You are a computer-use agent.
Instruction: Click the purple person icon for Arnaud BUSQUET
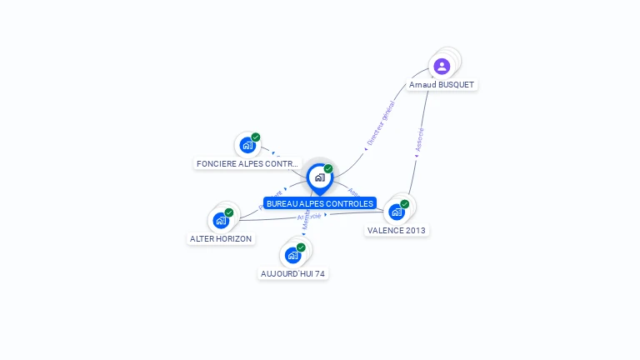[442, 66]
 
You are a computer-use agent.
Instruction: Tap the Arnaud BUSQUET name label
[442, 85]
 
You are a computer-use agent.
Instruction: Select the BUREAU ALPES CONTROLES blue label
[320, 203]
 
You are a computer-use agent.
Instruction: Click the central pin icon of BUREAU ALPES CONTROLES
[319, 177]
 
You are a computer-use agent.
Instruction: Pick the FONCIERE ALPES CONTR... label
[247, 164]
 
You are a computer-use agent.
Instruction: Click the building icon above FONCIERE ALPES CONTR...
[247, 146]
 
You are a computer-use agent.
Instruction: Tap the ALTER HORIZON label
[221, 238]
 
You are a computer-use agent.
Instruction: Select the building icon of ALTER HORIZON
[220, 221]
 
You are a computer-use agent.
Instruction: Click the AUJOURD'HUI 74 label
[292, 273]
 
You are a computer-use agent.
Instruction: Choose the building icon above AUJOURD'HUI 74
[292, 255]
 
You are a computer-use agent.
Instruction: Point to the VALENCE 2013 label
[397, 231]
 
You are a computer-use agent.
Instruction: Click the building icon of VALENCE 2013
[396, 212]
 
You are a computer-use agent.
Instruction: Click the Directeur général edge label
[381, 124]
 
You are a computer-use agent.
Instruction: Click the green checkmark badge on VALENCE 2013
[405, 204]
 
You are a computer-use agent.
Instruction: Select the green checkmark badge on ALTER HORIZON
[229, 212]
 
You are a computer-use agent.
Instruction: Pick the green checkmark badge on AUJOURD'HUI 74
[301, 247]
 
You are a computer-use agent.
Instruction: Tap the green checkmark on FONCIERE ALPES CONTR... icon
[256, 137]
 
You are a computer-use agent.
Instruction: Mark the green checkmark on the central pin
[328, 169]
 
